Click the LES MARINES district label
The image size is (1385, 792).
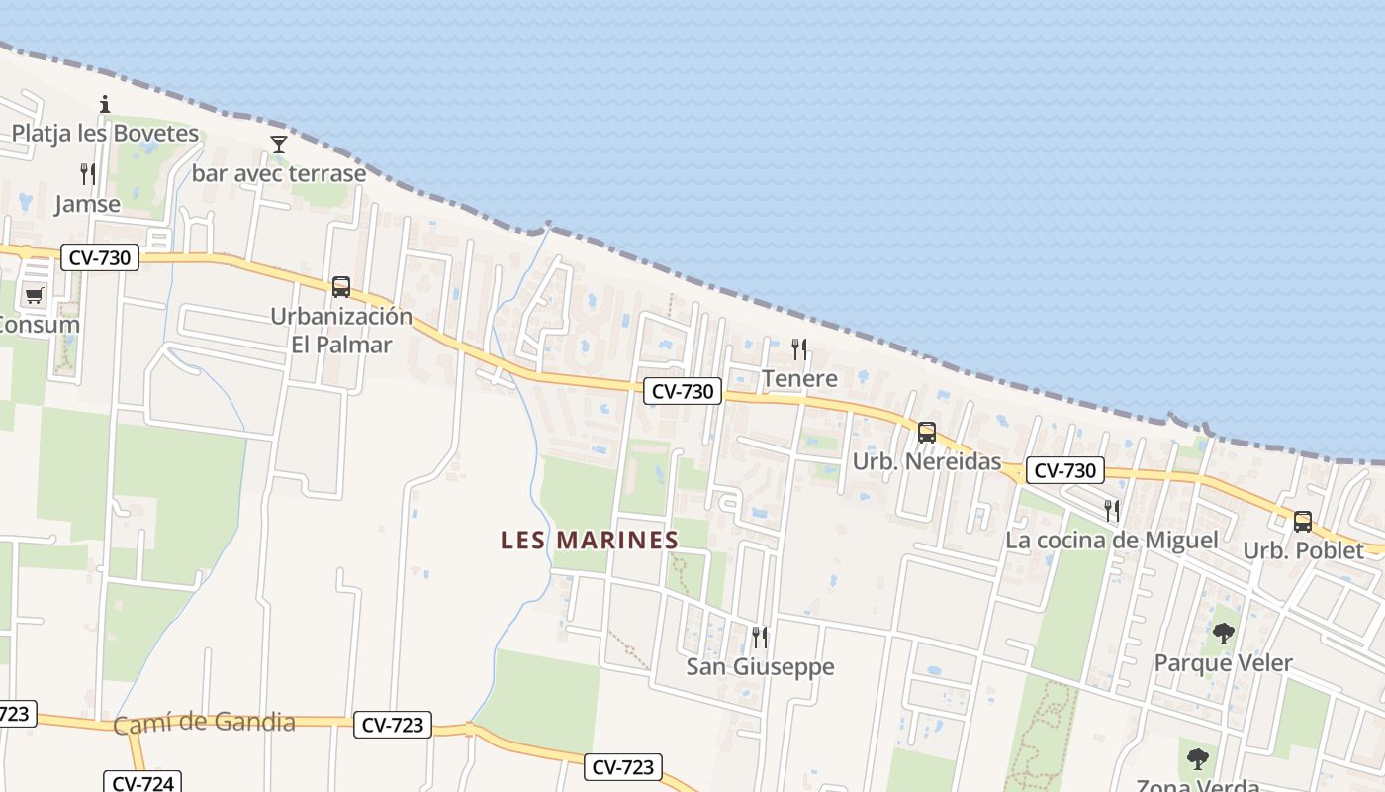coord(590,540)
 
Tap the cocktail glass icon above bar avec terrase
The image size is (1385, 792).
coord(279,145)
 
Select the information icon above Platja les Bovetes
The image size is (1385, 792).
coord(105,104)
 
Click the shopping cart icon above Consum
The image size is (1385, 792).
coord(34,295)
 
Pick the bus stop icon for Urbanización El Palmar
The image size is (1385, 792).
coord(341,287)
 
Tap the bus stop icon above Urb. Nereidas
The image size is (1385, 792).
coord(927,433)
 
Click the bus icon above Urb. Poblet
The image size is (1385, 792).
coord(1303,522)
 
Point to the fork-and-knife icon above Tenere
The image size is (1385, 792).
coord(799,348)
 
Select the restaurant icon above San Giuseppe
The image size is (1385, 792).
coord(760,637)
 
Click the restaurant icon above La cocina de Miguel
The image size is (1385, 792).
coord(1112,511)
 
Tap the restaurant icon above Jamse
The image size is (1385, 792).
coord(88,174)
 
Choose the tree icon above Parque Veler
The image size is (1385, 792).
coord(1224,634)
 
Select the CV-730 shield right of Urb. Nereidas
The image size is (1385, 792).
coord(1064,470)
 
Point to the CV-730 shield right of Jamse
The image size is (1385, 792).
coord(100,258)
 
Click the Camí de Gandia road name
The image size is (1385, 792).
coord(204,723)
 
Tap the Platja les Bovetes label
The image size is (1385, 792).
coord(105,133)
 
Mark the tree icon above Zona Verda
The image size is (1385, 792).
coord(1198,759)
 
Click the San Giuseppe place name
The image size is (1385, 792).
coord(761,666)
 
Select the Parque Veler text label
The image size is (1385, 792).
coord(1224,662)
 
